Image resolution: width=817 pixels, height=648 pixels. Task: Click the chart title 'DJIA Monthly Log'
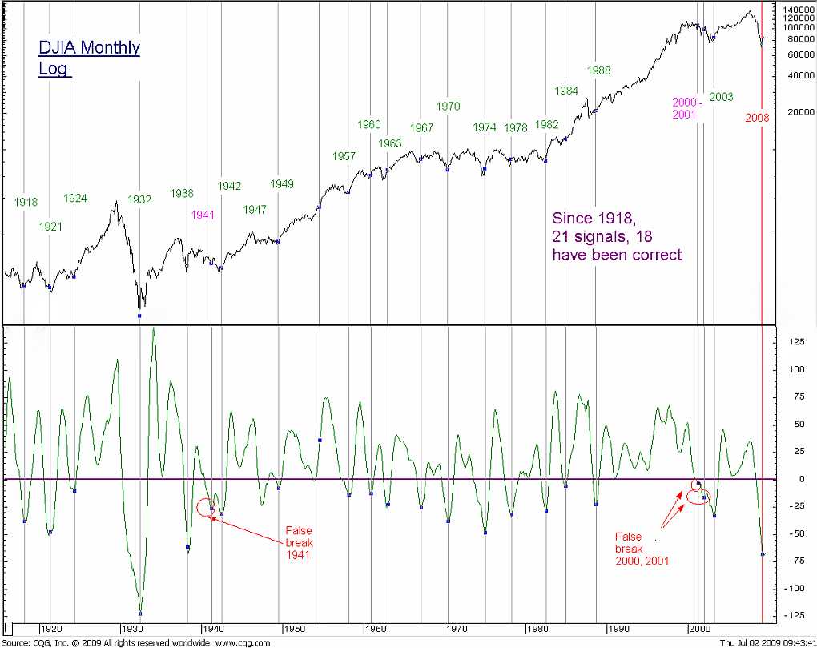pyautogui.click(x=89, y=58)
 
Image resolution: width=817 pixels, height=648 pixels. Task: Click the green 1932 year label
pyautogui.click(x=139, y=200)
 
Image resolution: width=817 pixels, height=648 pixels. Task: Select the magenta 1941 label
pyautogui.click(x=203, y=215)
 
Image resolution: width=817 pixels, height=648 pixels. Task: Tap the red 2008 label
pyautogui.click(x=757, y=118)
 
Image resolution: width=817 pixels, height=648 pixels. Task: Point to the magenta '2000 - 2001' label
pyautogui.click(x=686, y=108)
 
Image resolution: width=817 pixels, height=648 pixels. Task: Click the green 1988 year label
pyautogui.click(x=598, y=70)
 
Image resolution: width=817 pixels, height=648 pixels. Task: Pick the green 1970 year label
pyautogui.click(x=449, y=107)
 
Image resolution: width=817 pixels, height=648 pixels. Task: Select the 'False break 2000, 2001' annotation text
pyautogui.click(x=642, y=549)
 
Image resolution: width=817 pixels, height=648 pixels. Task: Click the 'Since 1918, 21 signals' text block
pyautogui.click(x=617, y=236)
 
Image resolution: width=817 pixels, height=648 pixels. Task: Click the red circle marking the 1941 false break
pyautogui.click(x=205, y=507)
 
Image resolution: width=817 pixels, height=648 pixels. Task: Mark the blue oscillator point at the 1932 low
pyautogui.click(x=140, y=614)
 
